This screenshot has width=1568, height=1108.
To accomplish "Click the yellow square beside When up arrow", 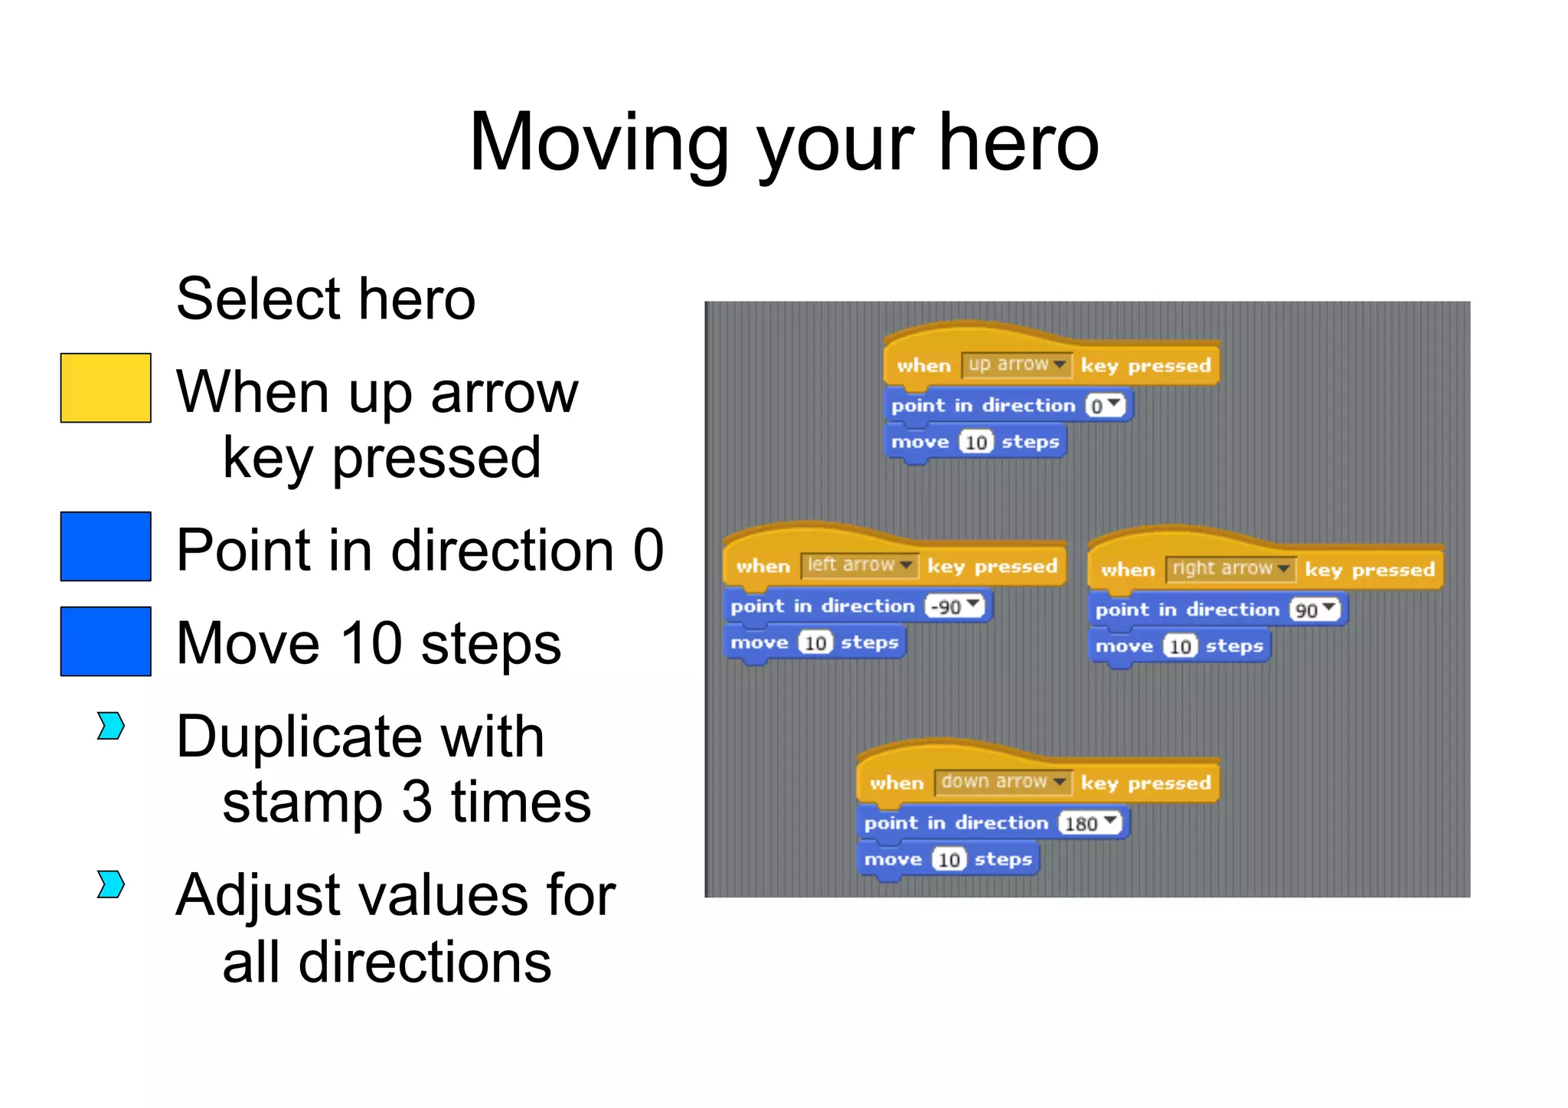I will tap(106, 387).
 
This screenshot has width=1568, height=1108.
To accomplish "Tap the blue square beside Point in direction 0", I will tap(106, 546).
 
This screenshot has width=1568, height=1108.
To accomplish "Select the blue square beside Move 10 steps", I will tap(106, 641).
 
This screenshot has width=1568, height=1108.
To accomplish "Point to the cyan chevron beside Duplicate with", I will tap(111, 726).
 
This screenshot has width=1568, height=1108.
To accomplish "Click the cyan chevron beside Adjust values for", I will tap(111, 884).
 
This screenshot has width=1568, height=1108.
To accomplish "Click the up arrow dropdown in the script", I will tap(1016, 364).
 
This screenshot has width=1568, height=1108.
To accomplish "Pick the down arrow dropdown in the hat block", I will tap(1002, 782).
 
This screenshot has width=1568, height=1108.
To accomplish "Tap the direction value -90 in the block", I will tap(953, 606).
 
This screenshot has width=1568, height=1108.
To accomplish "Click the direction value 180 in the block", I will tap(1089, 823).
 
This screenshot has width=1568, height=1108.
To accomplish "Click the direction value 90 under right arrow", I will tap(1314, 610).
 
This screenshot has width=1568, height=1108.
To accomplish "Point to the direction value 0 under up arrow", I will tap(1104, 406).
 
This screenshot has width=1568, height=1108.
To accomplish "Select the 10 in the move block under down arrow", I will tap(949, 860).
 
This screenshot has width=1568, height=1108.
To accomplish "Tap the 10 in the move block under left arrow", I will tap(815, 643).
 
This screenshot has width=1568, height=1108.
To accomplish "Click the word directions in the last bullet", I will tap(424, 963).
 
